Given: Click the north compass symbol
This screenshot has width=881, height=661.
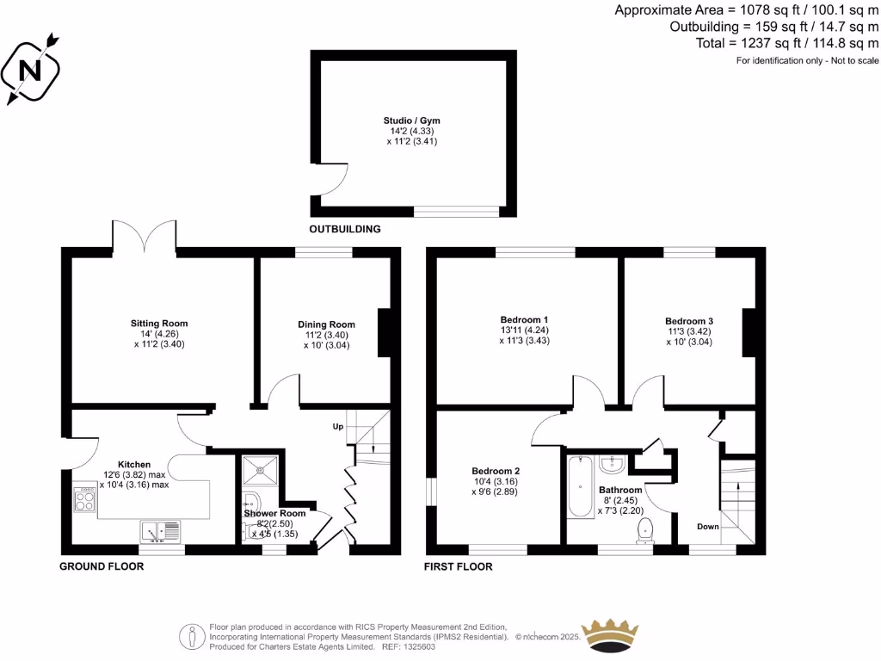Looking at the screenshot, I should coord(33,68).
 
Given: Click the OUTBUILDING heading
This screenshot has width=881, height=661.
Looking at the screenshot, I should coord(344,230).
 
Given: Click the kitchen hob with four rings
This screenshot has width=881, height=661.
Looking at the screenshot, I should coord(85,500).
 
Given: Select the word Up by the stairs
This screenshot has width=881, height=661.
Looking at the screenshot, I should coord(338,427).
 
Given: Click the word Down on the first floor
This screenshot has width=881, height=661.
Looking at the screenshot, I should coord(707,527).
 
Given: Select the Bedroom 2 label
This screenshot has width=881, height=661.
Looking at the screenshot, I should coord(496,471).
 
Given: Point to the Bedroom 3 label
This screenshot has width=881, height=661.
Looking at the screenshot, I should coord(688,321).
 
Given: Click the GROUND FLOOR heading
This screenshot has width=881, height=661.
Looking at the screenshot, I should coord(101,566).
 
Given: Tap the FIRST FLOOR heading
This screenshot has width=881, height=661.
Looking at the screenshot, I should coord(458,566).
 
